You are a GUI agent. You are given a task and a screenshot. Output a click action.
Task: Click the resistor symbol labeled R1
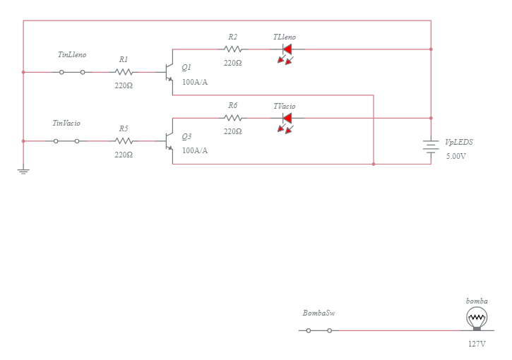tap(124, 72)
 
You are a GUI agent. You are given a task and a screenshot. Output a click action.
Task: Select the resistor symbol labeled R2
tap(233, 49)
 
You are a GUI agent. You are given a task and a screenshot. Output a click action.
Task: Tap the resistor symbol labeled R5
tap(124, 141)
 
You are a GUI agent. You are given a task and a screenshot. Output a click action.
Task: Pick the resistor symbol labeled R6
tap(233, 119)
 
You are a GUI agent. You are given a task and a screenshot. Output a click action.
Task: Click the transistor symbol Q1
tap(168, 72)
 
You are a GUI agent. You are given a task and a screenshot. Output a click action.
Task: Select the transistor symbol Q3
tap(168, 141)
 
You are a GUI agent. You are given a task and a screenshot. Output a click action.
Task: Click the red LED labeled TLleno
tap(286, 50)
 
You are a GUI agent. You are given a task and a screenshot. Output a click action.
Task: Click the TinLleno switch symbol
tap(72, 72)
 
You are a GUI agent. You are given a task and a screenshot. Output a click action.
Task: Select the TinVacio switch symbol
tap(66, 141)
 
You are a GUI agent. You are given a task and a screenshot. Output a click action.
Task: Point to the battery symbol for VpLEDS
tap(431, 146)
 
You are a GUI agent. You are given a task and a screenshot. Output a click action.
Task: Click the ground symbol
tap(23, 171)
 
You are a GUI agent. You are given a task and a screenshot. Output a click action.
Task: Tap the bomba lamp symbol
tap(477, 319)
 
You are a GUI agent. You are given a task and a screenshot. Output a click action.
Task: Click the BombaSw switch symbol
tap(318, 330)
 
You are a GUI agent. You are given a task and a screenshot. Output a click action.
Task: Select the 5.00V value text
tap(456, 156)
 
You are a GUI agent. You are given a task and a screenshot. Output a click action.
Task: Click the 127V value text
tap(477, 344)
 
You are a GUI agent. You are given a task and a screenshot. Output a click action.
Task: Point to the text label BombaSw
tap(318, 313)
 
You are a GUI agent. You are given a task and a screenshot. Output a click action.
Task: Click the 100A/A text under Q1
tap(195, 82)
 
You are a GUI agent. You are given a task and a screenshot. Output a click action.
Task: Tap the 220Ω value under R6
tap(233, 131)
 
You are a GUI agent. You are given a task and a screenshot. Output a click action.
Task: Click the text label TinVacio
tap(66, 123)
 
